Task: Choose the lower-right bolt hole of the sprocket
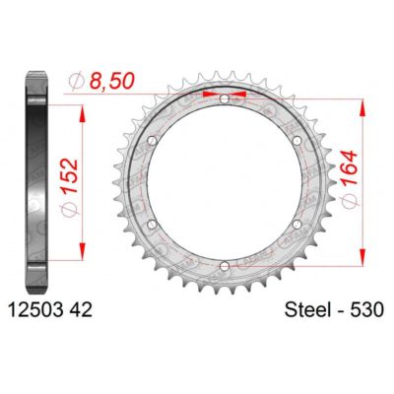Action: pos(296,225)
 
